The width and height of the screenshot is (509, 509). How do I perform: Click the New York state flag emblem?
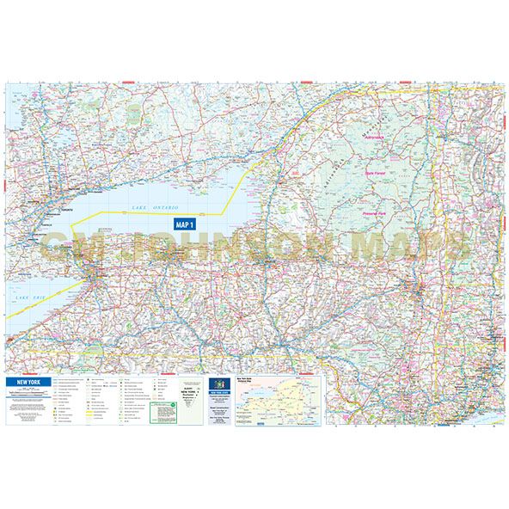coord(218,382)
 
